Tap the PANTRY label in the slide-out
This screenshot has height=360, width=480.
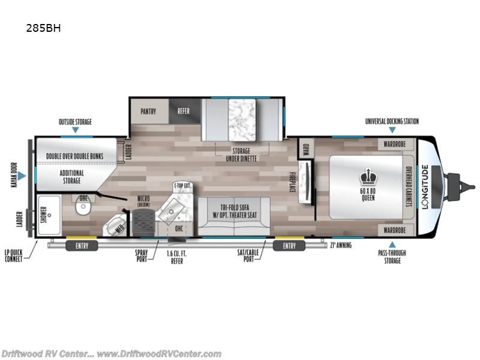point(149,112)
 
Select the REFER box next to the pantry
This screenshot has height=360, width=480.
point(183,112)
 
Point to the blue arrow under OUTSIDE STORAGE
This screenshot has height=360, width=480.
point(75,130)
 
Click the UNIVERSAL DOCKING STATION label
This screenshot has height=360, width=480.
point(392,121)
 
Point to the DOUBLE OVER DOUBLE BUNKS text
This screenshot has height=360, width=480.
point(76,156)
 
